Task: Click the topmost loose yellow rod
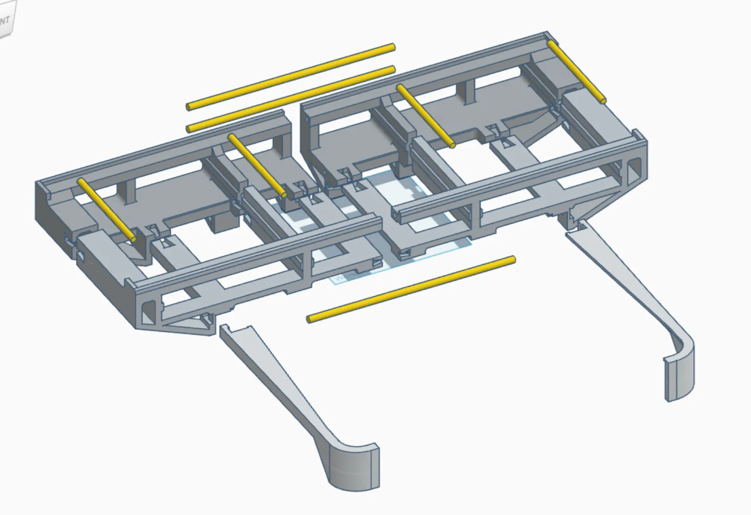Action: point(290,76)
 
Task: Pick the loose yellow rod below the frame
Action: point(411,289)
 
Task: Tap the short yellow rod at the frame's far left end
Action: point(106,210)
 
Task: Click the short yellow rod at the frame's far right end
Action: point(576,72)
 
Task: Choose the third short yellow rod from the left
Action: point(425,115)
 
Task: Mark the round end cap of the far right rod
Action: point(603,101)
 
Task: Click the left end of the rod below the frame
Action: point(309,320)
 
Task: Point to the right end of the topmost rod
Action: point(393,47)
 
